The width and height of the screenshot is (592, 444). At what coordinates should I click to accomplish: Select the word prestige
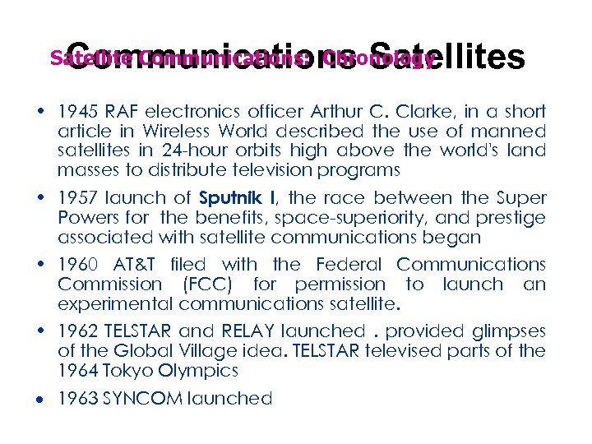click(x=509, y=218)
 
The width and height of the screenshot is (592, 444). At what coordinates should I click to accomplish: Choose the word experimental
click(x=115, y=304)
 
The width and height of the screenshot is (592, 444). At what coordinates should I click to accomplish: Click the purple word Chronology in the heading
click(x=379, y=59)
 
